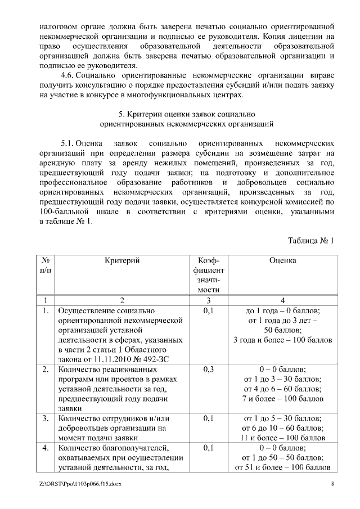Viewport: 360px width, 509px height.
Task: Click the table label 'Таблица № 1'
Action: pyautogui.click(x=311, y=241)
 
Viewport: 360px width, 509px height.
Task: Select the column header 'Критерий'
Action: pyautogui.click(x=122, y=260)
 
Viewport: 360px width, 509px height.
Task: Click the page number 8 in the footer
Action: pyautogui.click(x=333, y=484)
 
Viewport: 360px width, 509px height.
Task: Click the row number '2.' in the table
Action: pyautogui.click(x=46, y=370)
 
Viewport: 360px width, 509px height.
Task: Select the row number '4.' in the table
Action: pyautogui.click(x=46, y=448)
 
